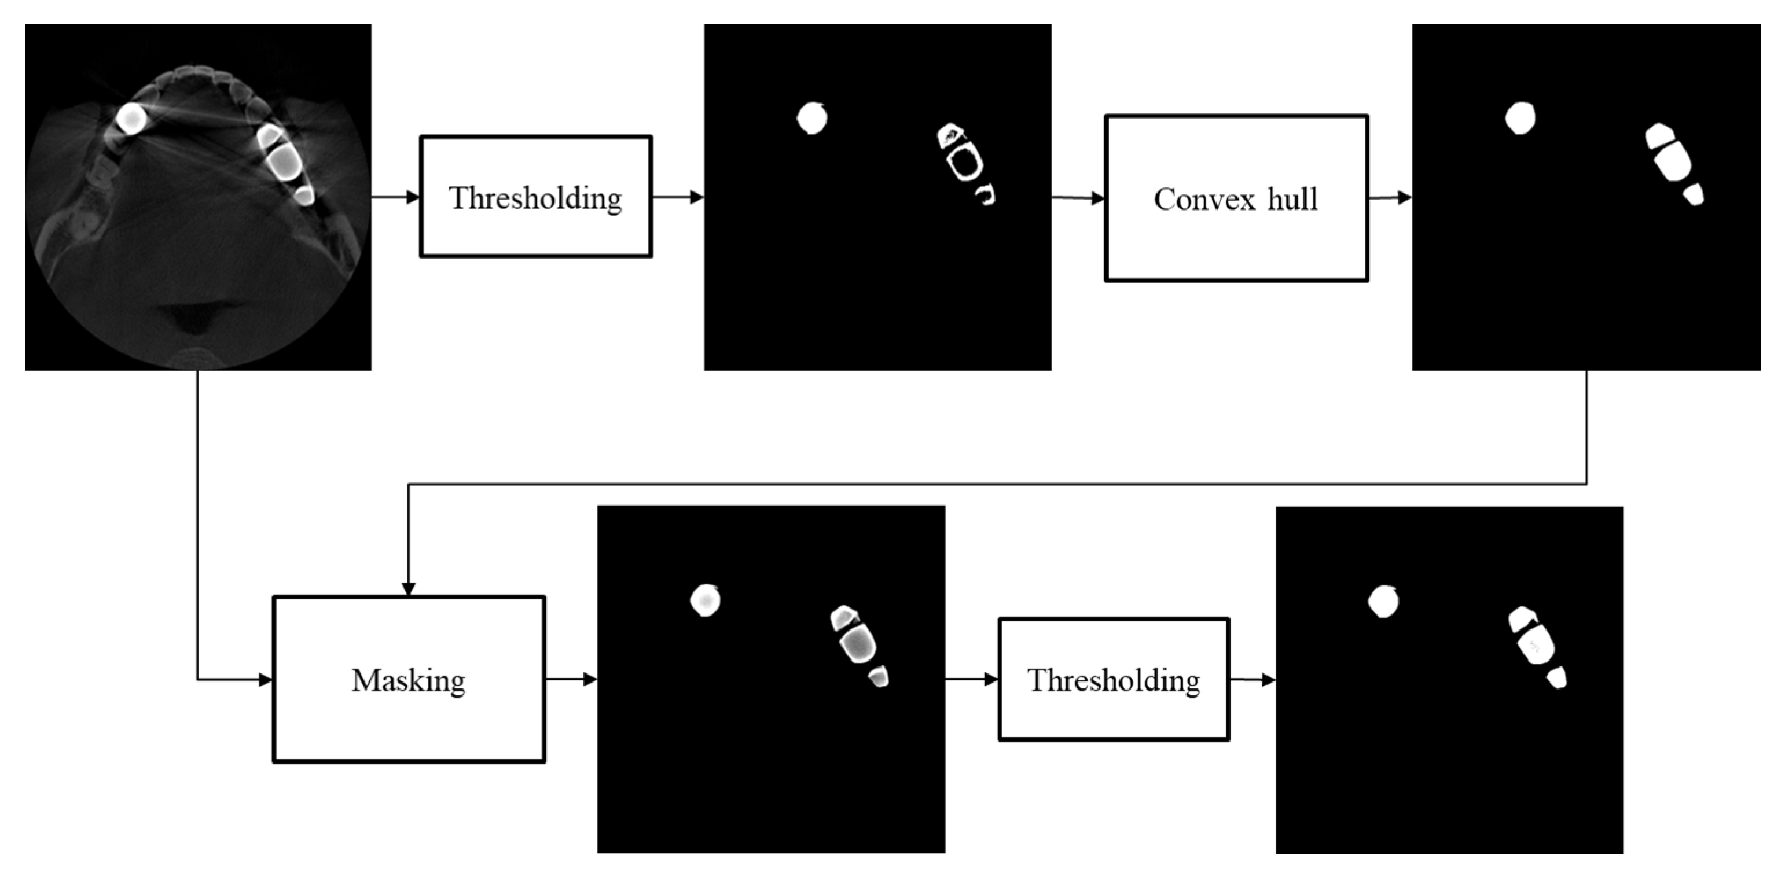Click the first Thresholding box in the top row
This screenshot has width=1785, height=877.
click(535, 197)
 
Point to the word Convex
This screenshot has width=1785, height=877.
click(1204, 200)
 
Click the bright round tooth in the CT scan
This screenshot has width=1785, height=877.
click(130, 118)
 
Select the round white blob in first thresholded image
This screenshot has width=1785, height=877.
click(811, 119)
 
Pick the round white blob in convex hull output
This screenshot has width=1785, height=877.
click(1519, 119)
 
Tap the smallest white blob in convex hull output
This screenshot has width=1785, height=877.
click(1694, 194)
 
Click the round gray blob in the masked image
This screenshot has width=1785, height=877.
click(706, 600)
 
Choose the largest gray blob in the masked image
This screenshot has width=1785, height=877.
click(858, 643)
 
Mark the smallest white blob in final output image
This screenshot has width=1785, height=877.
click(1557, 677)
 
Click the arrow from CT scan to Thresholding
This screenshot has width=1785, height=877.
click(395, 197)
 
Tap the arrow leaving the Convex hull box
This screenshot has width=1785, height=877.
click(1389, 198)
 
